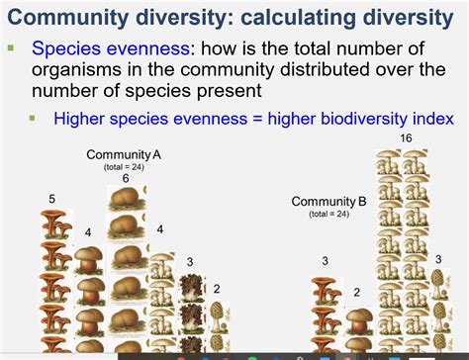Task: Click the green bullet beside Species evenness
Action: [12, 46]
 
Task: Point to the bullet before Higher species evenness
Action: [32, 117]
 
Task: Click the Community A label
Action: [124, 155]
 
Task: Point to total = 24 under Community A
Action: [125, 167]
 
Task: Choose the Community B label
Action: [328, 202]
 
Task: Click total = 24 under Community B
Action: [328, 214]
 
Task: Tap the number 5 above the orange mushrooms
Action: [51, 200]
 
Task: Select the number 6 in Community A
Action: [126, 179]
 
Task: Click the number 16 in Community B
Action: [405, 138]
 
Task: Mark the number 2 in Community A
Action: [217, 289]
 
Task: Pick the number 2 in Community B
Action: [357, 293]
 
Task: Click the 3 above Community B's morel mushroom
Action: [438, 259]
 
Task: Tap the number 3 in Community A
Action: [190, 262]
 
